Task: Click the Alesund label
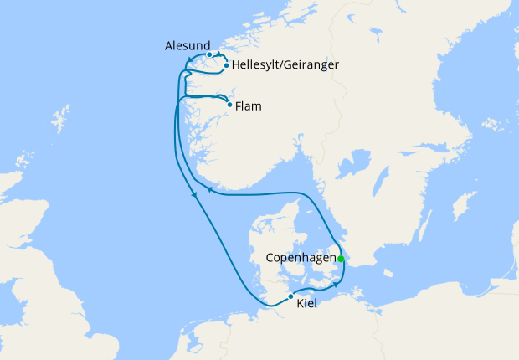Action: (x=182, y=47)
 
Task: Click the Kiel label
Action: (x=308, y=304)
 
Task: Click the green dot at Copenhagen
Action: (x=341, y=258)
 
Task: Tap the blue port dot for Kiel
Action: (x=290, y=296)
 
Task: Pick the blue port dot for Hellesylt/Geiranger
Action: (x=226, y=64)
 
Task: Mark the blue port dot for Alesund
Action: (x=209, y=54)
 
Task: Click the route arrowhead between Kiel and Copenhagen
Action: (x=337, y=283)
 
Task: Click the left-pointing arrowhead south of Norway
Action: (x=210, y=192)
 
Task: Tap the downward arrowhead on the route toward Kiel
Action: (x=195, y=195)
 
